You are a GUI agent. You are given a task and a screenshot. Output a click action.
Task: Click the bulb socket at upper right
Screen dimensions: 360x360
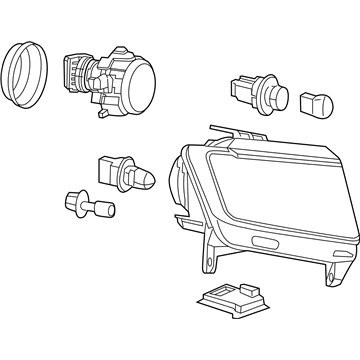coord(254,93)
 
